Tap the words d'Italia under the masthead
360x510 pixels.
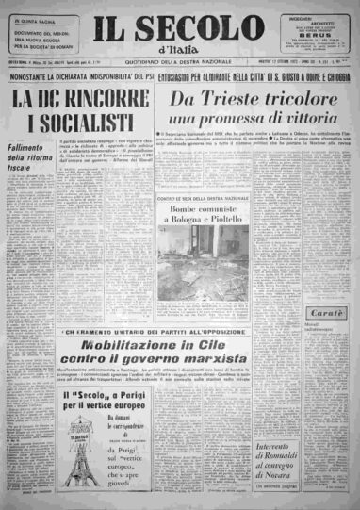pos(180,49)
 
